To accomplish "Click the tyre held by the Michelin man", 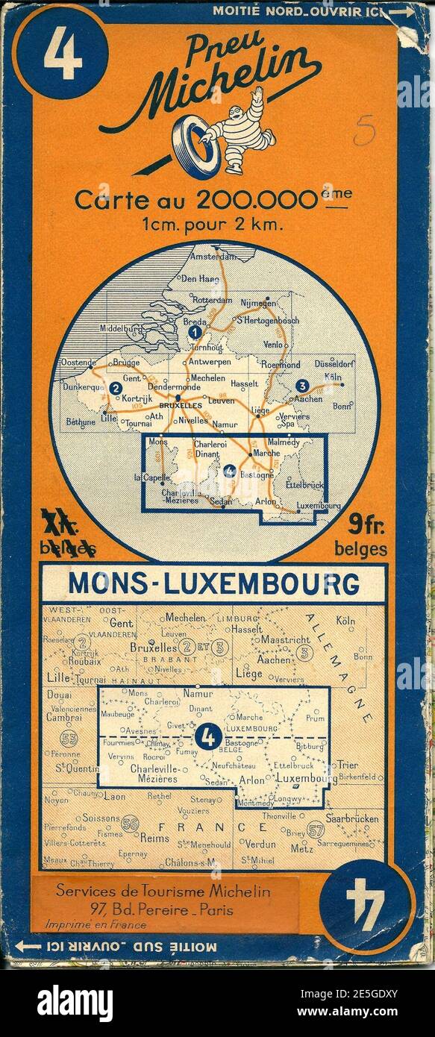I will point(198,145).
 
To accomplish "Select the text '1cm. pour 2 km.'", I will point(213,223).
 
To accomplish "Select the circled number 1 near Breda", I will point(195,332).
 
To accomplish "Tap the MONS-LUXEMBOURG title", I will point(213,583).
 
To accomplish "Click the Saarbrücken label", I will point(352,818).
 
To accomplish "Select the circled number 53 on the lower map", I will point(69,739).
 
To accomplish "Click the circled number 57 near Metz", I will point(315,830).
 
